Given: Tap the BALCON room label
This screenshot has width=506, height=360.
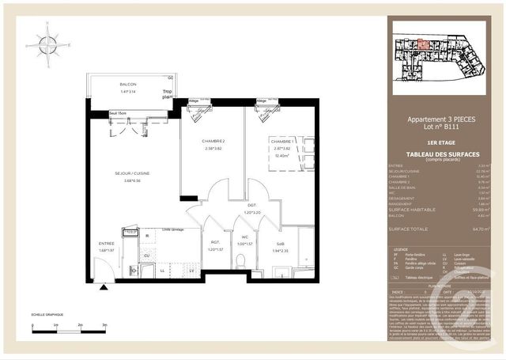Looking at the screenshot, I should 128,85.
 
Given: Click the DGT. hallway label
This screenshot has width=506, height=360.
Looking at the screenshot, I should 251,204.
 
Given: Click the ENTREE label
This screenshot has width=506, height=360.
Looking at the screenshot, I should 106,244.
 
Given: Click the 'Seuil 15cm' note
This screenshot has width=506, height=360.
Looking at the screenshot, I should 119,115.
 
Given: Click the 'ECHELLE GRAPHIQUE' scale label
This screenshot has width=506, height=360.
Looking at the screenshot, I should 47,316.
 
